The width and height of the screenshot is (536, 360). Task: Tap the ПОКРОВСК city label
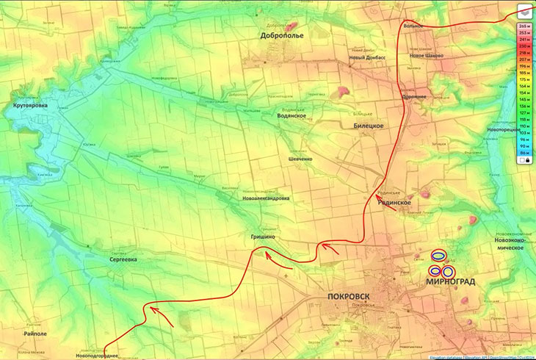[x=349, y=296]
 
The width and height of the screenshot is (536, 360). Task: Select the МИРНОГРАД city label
[x=449, y=281]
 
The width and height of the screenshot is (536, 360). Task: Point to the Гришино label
[x=263, y=237]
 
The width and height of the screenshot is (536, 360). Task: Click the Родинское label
[x=394, y=202]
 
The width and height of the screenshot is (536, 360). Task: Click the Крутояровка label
[x=30, y=106]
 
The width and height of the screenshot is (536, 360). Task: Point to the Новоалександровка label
[x=265, y=198]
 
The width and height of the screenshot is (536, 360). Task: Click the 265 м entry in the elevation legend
[x=524, y=26]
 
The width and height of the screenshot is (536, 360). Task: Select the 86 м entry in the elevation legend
[x=524, y=152]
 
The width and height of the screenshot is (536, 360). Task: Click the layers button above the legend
[x=524, y=10]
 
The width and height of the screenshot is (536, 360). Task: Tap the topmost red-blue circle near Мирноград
[x=438, y=256]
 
